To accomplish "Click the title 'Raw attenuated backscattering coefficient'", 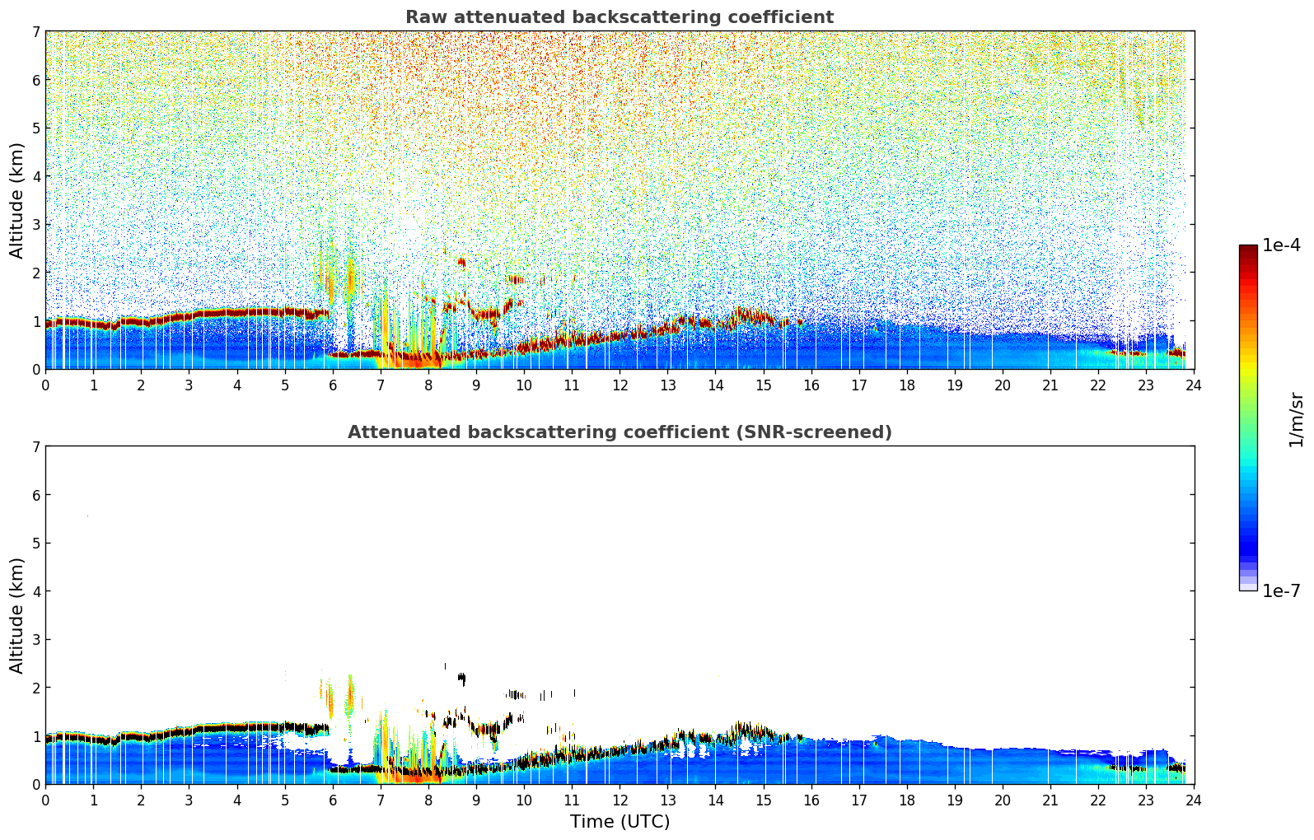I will click(619, 17).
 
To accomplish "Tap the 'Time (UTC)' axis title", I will click(620, 822).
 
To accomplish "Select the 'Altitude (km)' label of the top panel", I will click(17, 200).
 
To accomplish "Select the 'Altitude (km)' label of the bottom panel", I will click(17, 615).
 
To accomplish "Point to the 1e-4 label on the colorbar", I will click(1281, 245).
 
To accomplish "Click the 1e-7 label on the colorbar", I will click(1281, 591).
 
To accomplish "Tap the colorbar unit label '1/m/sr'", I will click(1296, 420).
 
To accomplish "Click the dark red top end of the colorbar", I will click(1248, 249).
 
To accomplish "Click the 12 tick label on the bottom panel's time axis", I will click(620, 800).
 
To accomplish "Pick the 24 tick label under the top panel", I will click(1194, 385).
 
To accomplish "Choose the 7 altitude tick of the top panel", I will click(35, 32).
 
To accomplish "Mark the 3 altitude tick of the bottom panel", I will click(35, 640).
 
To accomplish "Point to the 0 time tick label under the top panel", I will click(45, 385).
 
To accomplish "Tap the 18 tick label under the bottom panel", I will click(907, 800).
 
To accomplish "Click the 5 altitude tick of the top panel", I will click(35, 128).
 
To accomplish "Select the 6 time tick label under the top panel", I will click(333, 385).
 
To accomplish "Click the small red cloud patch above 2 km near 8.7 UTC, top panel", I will click(461, 263).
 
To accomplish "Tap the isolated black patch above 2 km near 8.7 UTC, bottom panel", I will click(461, 679).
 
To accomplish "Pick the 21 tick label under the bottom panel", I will click(1050, 800).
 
